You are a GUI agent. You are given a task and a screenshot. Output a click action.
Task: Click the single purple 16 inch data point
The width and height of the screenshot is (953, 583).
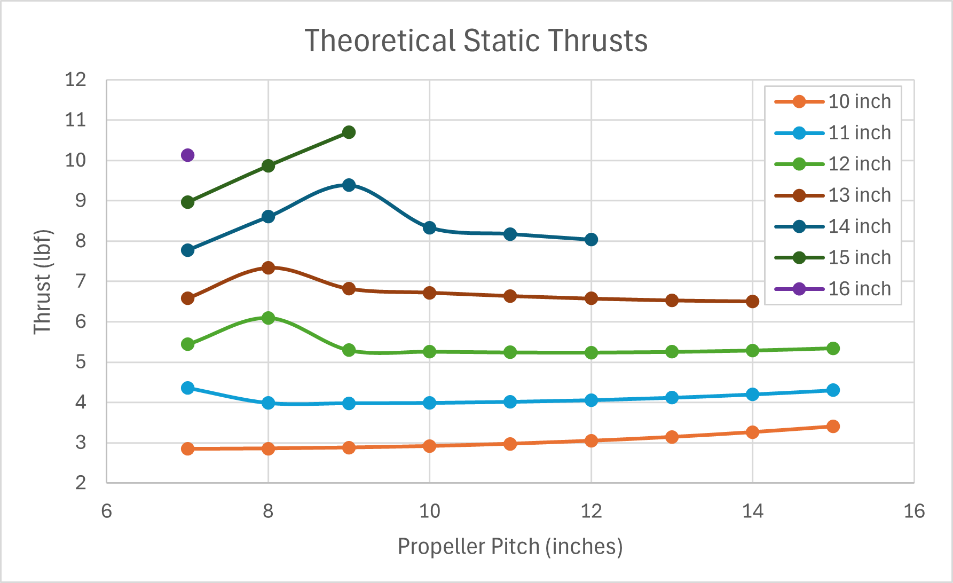point(187,155)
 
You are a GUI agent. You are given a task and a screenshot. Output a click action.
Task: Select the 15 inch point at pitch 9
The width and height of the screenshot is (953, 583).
point(349,132)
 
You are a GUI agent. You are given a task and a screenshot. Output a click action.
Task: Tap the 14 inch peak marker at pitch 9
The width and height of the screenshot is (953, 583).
point(349,185)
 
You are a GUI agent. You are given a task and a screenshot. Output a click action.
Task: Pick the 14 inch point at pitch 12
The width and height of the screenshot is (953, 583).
point(591,240)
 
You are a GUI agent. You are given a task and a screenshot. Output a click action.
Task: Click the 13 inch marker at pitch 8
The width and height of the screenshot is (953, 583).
point(268,267)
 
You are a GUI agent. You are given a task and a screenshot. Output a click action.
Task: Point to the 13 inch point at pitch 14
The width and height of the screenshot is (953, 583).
point(752,302)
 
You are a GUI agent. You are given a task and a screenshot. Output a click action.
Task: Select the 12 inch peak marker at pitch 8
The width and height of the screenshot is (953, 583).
point(268,318)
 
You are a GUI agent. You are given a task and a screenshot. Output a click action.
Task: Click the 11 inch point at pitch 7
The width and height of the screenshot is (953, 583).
point(187,388)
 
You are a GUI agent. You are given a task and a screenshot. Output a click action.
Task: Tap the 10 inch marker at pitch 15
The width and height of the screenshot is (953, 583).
point(833,426)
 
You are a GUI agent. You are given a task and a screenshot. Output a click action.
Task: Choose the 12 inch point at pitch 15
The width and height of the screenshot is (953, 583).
point(833,349)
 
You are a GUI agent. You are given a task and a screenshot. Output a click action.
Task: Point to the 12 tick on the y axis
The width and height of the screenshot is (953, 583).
point(75,80)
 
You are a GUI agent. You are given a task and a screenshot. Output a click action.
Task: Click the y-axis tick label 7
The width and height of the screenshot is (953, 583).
point(80,281)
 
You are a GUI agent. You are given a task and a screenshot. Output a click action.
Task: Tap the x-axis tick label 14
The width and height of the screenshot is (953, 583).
point(752,511)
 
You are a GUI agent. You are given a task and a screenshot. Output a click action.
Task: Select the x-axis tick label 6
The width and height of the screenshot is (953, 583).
point(107,511)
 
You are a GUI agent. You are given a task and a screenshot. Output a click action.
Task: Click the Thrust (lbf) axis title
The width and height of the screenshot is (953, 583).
point(42,282)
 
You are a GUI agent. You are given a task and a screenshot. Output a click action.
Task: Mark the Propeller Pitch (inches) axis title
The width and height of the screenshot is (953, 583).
point(510,547)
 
